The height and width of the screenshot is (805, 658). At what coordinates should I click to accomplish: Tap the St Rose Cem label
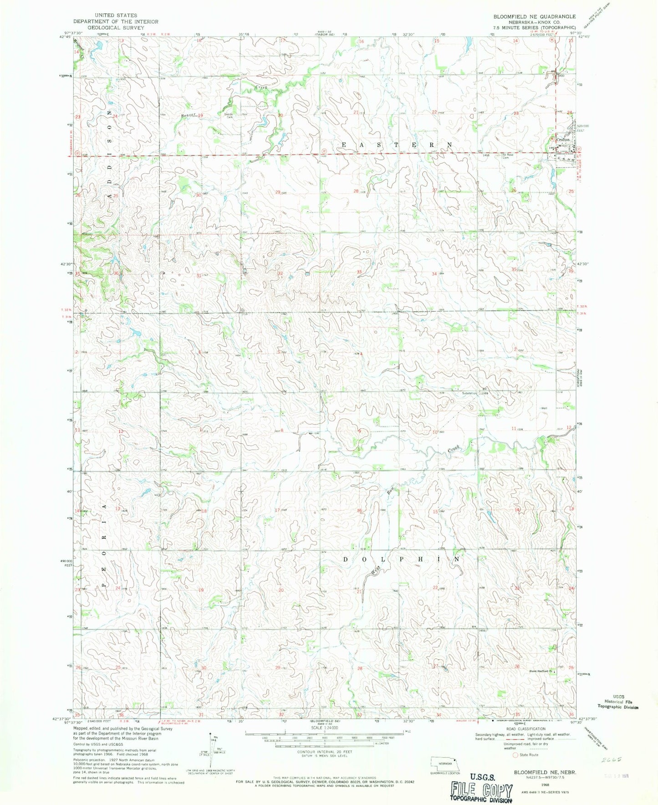pos(507,156)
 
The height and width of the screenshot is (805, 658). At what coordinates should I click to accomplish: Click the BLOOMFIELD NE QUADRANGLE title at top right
pos(534,16)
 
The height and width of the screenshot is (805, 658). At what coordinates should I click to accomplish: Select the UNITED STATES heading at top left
pos(116,15)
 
